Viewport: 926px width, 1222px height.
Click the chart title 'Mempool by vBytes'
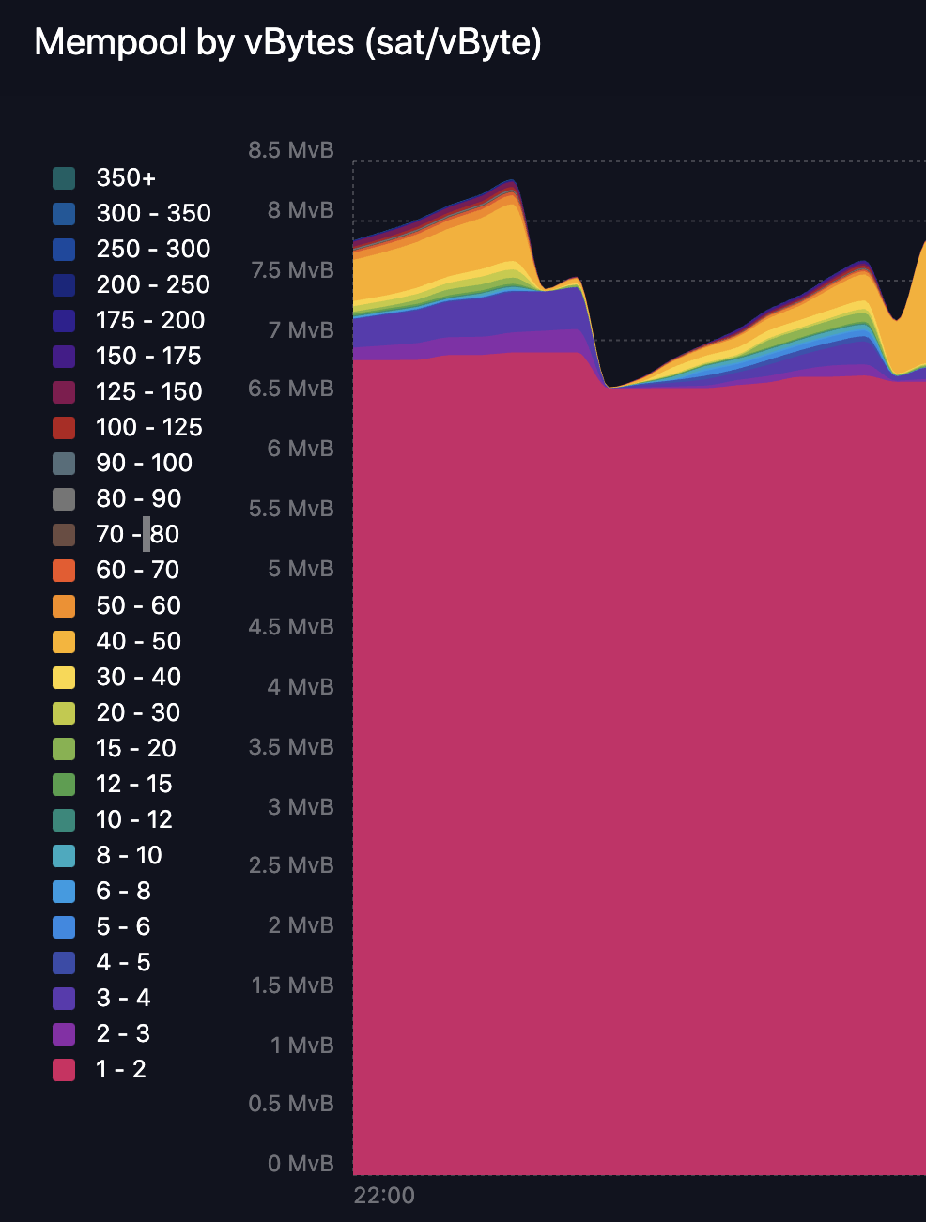click(287, 43)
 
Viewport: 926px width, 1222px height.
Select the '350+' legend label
click(126, 178)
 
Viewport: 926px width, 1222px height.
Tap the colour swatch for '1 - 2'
click(64, 1070)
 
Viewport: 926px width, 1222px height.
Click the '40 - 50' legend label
click(138, 642)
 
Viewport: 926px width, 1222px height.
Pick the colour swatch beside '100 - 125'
click(64, 428)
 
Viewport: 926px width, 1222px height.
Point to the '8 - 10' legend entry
click(129, 856)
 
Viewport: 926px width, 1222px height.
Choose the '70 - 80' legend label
click(137, 535)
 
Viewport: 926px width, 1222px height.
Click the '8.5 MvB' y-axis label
click(290, 150)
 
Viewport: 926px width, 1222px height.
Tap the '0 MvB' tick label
click(301, 1164)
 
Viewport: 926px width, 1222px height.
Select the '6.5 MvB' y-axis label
click(290, 389)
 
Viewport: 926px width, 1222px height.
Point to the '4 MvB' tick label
click(301, 687)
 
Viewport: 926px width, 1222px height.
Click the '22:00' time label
click(384, 1196)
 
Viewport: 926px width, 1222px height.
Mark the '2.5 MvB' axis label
click(290, 865)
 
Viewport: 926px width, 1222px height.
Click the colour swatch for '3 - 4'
click(64, 999)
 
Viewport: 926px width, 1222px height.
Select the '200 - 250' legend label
click(153, 285)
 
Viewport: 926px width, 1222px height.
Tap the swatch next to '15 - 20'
click(64, 749)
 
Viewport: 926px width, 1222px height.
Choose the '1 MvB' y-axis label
click(301, 1046)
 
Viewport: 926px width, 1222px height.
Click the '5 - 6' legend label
click(123, 927)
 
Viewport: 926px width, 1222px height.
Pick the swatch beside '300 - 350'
click(64, 214)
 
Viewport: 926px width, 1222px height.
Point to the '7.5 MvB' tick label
click(292, 270)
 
